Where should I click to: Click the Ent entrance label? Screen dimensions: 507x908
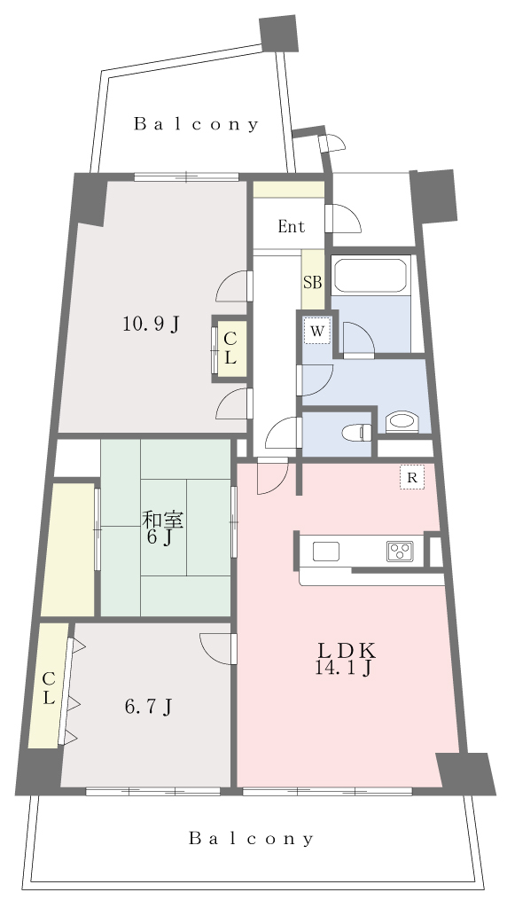click(x=291, y=226)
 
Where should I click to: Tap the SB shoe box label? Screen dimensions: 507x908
click(x=313, y=283)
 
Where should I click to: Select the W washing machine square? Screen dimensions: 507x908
click(x=317, y=332)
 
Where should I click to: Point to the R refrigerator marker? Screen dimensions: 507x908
click(x=412, y=478)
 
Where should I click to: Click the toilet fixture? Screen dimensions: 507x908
click(x=356, y=433)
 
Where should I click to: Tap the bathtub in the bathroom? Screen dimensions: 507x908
click(x=370, y=274)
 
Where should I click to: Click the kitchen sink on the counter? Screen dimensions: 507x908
click(x=326, y=552)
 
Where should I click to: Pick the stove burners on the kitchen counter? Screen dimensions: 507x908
click(x=400, y=552)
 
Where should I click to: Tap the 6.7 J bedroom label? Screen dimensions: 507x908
click(x=148, y=707)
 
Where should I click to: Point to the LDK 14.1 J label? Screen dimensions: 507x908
click(x=345, y=659)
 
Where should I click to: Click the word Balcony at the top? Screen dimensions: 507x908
click(x=196, y=124)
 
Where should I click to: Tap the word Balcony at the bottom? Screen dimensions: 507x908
click(x=251, y=838)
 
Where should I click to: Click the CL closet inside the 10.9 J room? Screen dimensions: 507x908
click(x=230, y=349)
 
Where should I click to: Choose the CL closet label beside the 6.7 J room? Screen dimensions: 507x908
click(x=49, y=688)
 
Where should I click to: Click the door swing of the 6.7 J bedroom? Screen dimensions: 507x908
click(x=218, y=648)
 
